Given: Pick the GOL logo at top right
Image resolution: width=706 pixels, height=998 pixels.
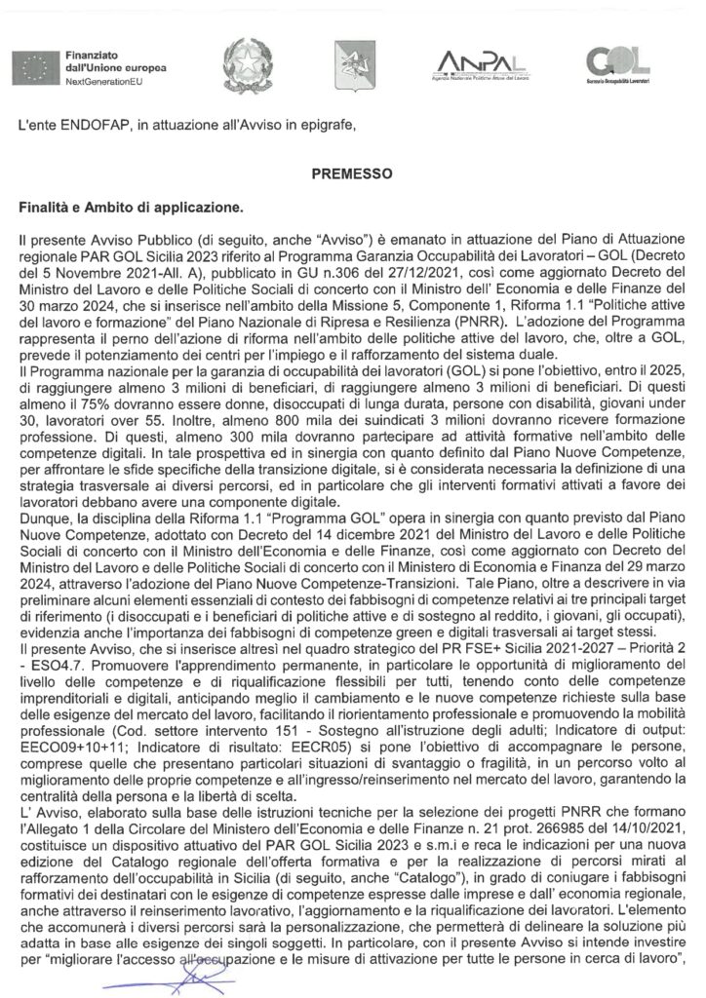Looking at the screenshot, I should [x=618, y=62].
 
